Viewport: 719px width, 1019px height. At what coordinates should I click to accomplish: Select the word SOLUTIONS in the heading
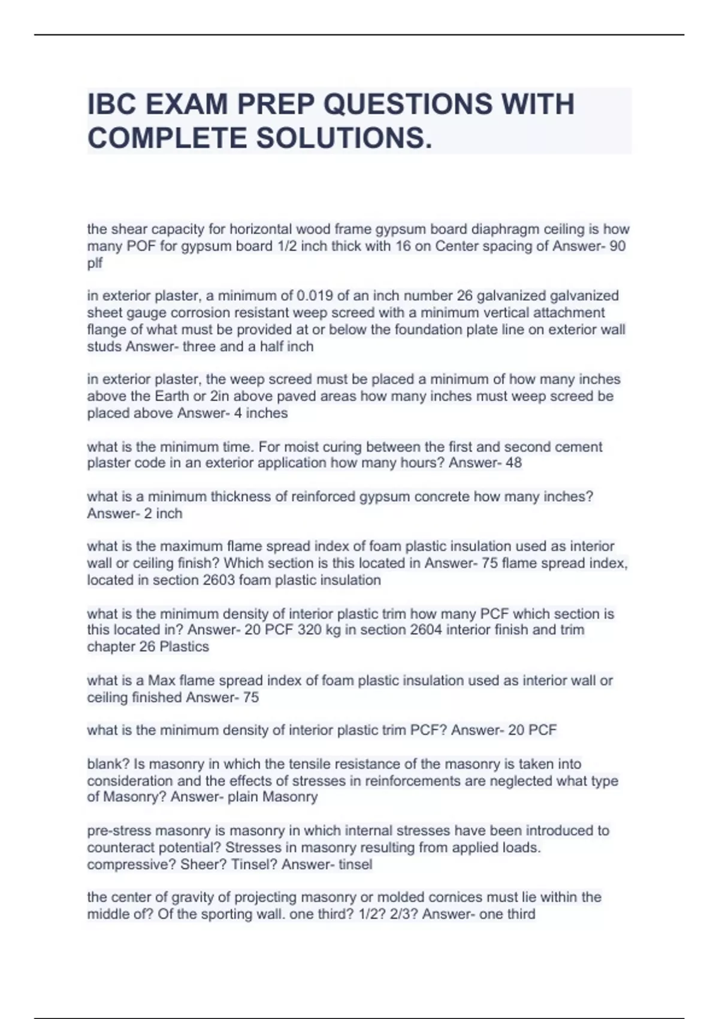click(340, 138)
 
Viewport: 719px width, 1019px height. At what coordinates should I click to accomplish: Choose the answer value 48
click(513, 463)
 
